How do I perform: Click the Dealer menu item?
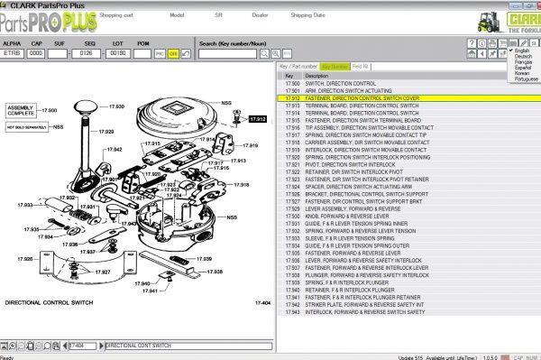[261, 15]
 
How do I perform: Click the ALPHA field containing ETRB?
[12, 53]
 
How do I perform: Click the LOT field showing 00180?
[117, 53]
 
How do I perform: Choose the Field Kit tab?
[360, 66]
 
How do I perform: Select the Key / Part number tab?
[298, 66]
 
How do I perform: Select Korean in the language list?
[521, 72]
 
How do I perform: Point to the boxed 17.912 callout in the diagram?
[257, 119]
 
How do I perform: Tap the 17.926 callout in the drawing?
[25, 259]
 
